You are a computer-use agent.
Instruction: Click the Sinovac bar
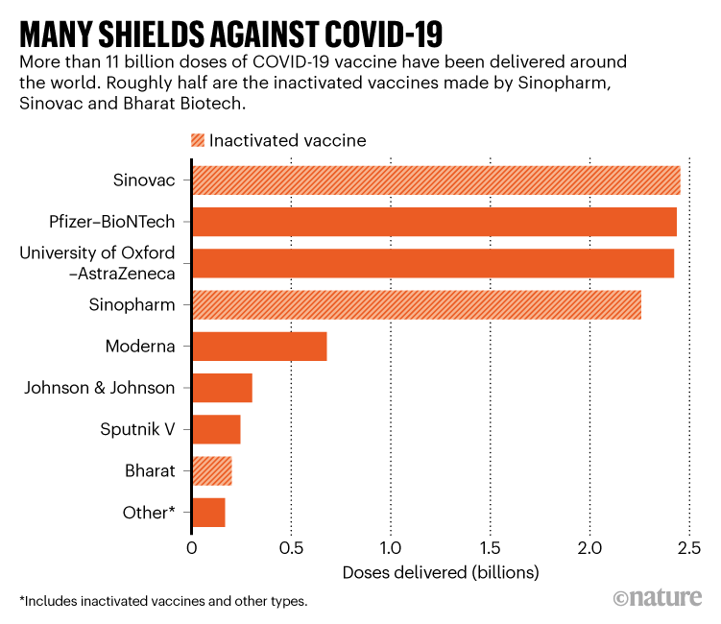click(436, 180)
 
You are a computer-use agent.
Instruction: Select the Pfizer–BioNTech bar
click(434, 222)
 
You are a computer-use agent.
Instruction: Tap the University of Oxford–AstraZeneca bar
click(433, 263)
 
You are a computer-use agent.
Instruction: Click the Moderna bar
click(259, 347)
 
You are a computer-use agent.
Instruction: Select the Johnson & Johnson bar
click(222, 388)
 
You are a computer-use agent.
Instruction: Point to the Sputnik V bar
click(216, 429)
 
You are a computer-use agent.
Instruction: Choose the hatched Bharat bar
click(212, 471)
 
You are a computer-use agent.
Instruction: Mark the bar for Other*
click(208, 513)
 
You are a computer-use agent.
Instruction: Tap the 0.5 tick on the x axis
click(291, 548)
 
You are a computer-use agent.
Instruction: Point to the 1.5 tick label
click(490, 548)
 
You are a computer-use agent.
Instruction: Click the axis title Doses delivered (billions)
click(441, 573)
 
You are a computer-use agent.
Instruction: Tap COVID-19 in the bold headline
click(376, 35)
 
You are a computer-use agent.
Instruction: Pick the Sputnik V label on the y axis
click(137, 429)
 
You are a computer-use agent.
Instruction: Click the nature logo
click(660, 597)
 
